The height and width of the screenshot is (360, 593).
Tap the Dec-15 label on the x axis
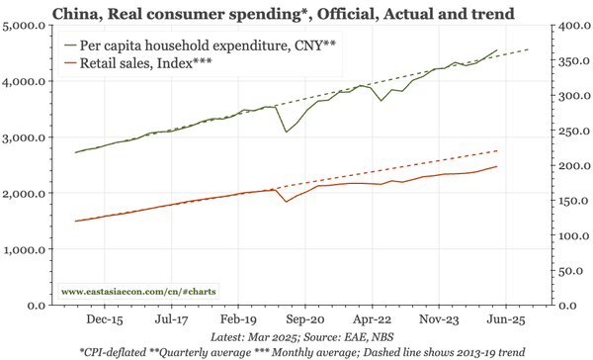tap(104, 320)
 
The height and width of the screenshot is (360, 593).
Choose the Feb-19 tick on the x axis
tap(237, 320)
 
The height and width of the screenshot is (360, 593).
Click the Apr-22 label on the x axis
tap(371, 320)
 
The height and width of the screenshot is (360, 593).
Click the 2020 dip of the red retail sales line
tap(287, 202)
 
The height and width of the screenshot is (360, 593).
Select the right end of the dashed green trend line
tap(529, 49)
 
